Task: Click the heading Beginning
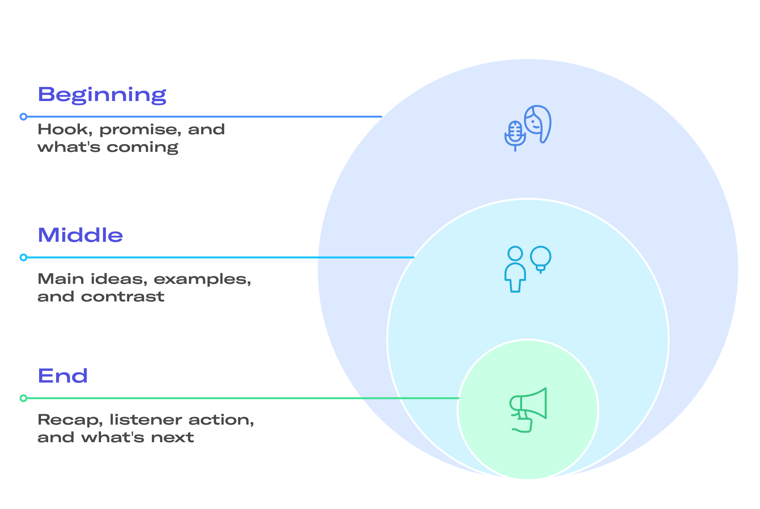coord(102,95)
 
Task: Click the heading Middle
coord(80,235)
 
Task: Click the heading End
coord(63,376)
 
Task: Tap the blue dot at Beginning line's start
coord(23,117)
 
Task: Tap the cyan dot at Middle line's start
coord(23,257)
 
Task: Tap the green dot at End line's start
coord(23,398)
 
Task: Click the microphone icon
coord(515,136)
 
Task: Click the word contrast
coord(123,297)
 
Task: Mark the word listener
coord(145,420)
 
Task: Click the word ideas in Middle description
coord(119,279)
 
